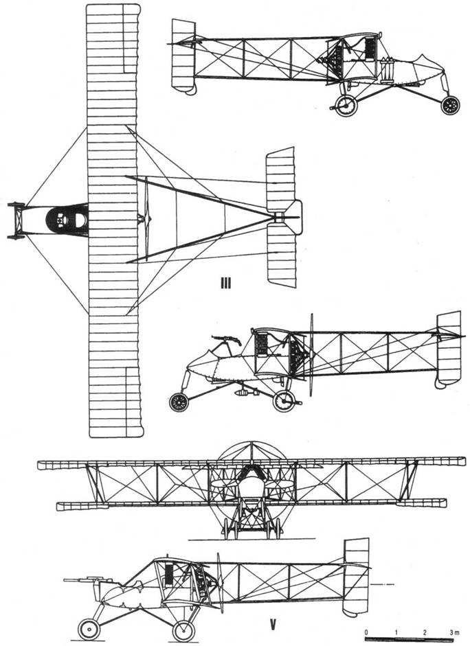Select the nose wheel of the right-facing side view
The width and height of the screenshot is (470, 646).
click(450, 105)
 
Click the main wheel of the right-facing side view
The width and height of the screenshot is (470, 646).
click(345, 104)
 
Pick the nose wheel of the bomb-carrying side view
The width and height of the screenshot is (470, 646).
click(179, 402)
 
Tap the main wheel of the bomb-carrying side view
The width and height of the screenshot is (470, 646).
click(283, 401)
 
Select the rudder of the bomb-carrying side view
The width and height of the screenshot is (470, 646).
click(449, 348)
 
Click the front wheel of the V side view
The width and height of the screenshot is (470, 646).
click(88, 629)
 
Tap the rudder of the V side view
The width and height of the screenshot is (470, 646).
click(356, 575)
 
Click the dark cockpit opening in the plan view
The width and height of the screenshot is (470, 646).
click(66, 219)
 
